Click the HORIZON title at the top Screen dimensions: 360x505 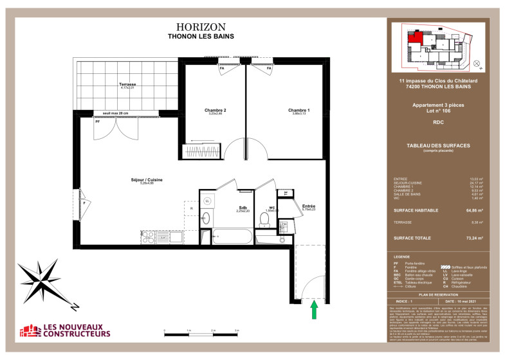(201, 27)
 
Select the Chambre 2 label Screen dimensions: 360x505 (215, 111)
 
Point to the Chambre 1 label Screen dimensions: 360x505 (298, 111)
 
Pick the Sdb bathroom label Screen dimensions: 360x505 (243, 208)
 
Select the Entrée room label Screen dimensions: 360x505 (309, 206)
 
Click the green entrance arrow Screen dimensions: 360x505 (314, 310)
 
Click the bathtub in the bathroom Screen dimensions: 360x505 (232, 236)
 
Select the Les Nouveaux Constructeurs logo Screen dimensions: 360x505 (64, 330)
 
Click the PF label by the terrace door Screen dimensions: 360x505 (98, 121)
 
